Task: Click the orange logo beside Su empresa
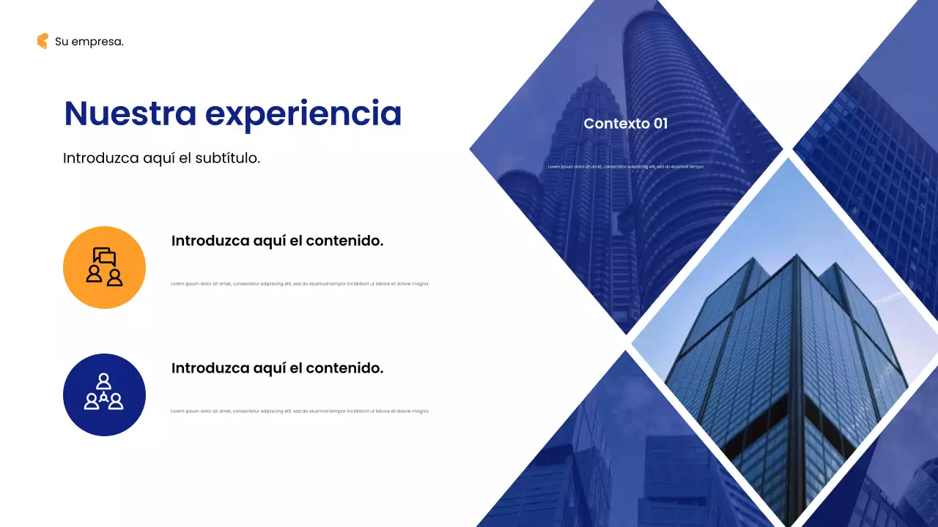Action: point(43,41)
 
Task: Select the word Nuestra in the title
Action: point(130,113)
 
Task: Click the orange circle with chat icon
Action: point(104,267)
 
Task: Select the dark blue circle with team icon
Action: point(104,395)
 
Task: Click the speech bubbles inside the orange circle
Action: point(105,257)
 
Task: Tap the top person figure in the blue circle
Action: point(104,381)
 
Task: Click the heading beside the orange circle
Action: point(277,241)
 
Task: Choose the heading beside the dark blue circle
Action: point(277,368)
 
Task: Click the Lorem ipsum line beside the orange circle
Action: point(300,284)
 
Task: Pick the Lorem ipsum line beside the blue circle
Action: point(300,411)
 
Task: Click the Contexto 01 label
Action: point(625,124)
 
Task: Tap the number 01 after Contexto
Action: point(660,124)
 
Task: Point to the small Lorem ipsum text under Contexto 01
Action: point(625,167)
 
